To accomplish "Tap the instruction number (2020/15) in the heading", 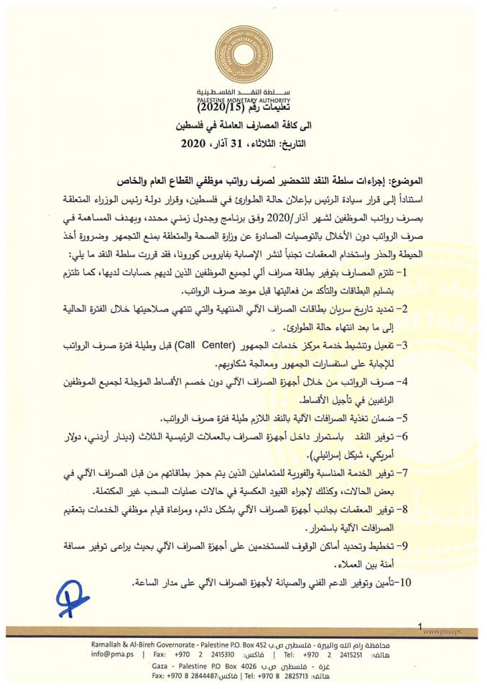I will click(x=213, y=108).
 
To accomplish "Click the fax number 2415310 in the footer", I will click(x=218, y=654).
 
